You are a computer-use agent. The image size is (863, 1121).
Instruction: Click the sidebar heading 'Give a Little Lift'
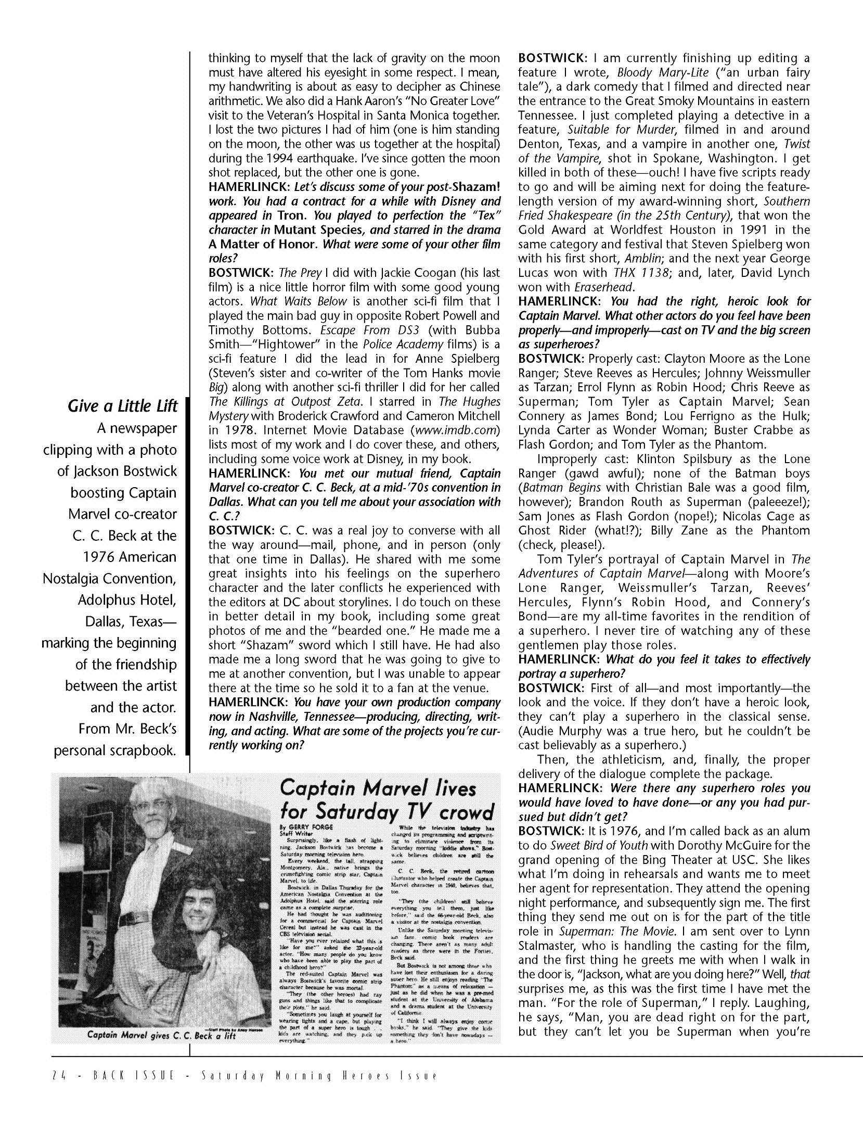123,406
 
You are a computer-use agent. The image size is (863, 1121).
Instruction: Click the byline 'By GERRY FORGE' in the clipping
304,826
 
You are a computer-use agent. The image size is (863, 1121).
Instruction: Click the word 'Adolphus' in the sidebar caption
109,600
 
